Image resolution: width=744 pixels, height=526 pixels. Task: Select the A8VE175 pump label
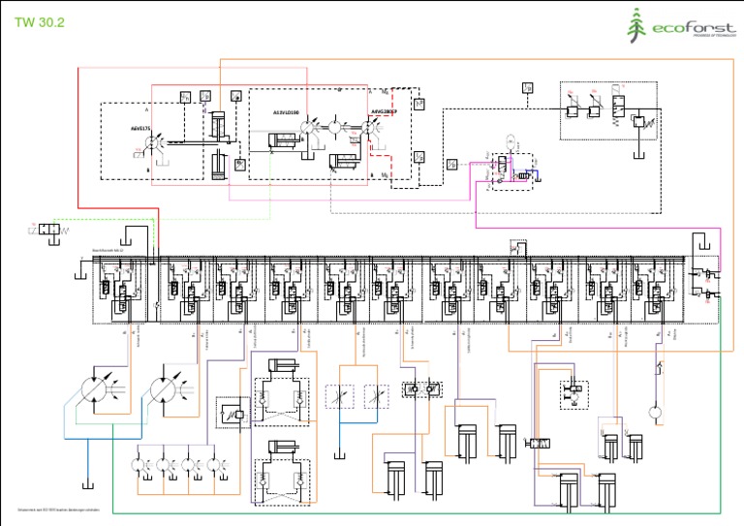[x=141, y=127]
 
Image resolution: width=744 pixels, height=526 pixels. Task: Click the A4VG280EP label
[x=384, y=111]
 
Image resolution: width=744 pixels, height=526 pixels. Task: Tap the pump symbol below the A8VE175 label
[x=152, y=143]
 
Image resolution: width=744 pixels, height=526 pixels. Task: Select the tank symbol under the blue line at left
[x=87, y=483]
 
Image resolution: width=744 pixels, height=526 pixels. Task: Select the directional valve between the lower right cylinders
[x=539, y=443]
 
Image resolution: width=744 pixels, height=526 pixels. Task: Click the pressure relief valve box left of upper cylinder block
[x=232, y=412]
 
